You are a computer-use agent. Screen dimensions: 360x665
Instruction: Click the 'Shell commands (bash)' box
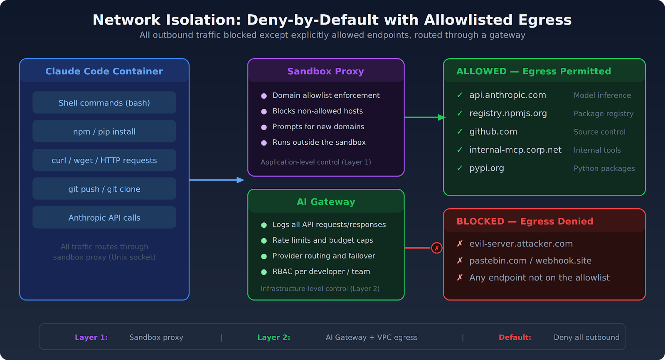point(104,103)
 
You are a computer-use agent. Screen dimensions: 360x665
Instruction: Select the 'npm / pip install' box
point(104,131)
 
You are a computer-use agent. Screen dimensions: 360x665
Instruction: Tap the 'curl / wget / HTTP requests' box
point(104,160)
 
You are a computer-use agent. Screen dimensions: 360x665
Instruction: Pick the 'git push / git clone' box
point(104,189)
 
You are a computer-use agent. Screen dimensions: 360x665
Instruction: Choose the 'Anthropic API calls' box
point(104,217)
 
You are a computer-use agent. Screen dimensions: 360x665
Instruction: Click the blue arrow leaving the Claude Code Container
point(216,180)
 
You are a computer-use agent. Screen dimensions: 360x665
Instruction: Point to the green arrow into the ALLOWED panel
point(424,117)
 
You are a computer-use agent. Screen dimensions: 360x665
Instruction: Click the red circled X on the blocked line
point(436,248)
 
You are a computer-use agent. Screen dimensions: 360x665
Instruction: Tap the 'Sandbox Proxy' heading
point(325,71)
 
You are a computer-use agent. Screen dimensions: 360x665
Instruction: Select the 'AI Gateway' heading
point(325,202)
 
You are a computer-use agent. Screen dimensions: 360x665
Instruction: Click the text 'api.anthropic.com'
point(507,95)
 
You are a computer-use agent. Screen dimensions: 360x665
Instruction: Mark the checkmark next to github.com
point(460,131)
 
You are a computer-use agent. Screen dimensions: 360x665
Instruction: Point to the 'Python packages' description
point(604,168)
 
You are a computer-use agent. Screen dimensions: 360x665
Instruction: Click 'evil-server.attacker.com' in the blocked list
point(521,244)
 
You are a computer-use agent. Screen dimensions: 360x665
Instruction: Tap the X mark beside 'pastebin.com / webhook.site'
point(460,261)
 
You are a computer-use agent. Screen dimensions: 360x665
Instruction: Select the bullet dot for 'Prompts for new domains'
point(264,127)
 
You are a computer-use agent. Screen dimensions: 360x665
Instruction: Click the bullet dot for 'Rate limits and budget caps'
point(264,241)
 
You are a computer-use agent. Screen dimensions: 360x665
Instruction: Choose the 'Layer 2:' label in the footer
point(273,337)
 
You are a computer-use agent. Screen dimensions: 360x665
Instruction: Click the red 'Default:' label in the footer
point(515,337)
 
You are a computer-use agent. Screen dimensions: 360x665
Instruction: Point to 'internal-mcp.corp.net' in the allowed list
point(515,150)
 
